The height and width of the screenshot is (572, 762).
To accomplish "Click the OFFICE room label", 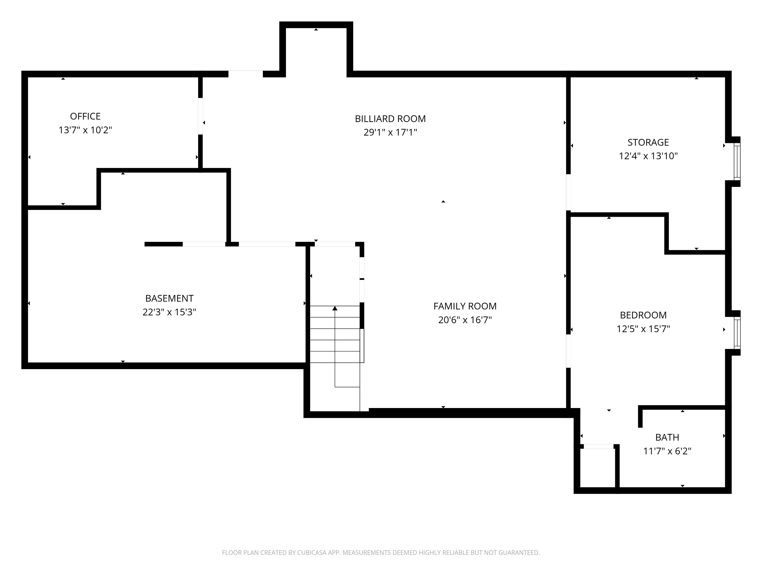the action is (x=85, y=116).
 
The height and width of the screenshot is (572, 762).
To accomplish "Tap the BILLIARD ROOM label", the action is (x=390, y=119).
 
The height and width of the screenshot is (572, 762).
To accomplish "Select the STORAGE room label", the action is (x=648, y=142).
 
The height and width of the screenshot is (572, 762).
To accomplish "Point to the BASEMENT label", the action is (x=169, y=298).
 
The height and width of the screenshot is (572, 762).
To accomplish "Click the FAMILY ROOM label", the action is (x=465, y=306).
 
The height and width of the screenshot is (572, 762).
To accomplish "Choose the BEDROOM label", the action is (x=643, y=315).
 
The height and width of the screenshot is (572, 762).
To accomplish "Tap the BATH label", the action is (x=667, y=438).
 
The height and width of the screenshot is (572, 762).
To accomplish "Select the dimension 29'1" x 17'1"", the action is (x=390, y=132).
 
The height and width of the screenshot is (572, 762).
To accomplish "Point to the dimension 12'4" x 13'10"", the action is (x=648, y=156).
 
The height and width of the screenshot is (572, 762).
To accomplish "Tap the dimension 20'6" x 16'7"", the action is (x=465, y=320).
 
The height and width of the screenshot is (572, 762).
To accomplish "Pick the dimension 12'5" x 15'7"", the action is (x=643, y=329).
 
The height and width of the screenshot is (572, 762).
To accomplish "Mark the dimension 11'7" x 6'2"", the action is (x=667, y=451).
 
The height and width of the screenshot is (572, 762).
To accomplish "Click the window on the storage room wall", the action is (x=737, y=161).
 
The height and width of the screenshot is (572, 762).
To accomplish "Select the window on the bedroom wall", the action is (x=737, y=333).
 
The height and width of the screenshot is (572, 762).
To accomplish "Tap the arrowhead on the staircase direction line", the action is (x=335, y=308).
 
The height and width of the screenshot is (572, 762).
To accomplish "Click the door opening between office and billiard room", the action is (x=200, y=116).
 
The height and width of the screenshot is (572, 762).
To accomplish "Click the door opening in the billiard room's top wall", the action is (x=246, y=74).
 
